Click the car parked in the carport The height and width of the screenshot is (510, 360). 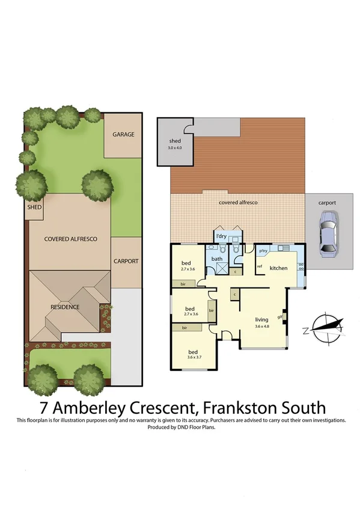tap(328, 238)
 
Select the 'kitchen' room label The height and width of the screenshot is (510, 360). tap(278, 268)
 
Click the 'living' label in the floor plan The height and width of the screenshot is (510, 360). tap(261, 319)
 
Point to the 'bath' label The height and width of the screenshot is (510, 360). tap(216, 259)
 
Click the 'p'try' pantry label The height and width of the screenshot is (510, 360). tap(263, 251)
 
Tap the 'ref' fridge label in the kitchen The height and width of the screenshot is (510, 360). tap(260, 266)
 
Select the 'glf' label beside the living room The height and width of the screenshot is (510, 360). tap(279, 317)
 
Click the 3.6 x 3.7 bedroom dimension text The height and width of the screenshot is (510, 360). tap(194, 357)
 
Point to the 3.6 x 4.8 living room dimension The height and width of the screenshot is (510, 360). tap(261, 327)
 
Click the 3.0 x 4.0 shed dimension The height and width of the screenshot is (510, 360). tap(175, 147)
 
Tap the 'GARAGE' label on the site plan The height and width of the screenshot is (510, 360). tap(123, 135)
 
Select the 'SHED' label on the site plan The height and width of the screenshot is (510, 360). tap(33, 207)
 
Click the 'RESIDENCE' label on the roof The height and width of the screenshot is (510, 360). tap(65, 307)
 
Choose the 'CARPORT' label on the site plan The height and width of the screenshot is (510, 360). tap(126, 261)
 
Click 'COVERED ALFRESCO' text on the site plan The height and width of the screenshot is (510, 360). tap(70, 239)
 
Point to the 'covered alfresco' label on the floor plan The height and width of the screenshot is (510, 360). tap(238, 203)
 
